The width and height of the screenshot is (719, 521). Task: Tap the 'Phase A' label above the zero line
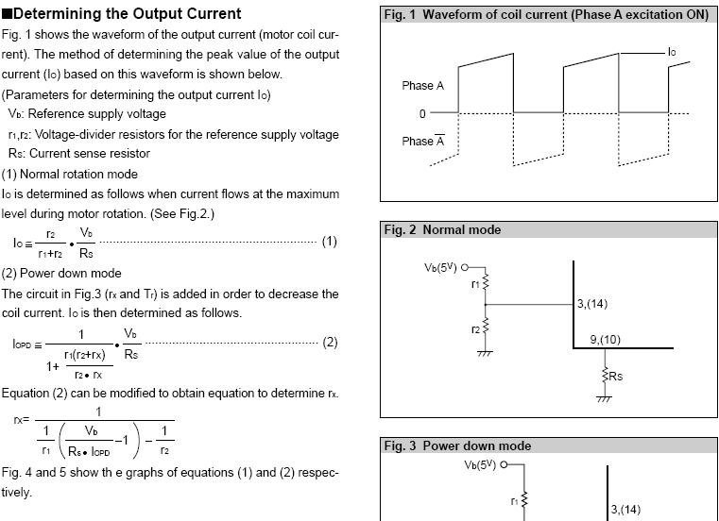pyautogui.click(x=422, y=86)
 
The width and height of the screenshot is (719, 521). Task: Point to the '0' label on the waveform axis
pyautogui.click(x=422, y=114)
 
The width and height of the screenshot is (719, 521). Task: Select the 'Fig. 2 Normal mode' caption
pyautogui.click(x=442, y=230)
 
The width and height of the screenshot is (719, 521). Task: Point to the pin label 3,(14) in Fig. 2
pyautogui.click(x=593, y=304)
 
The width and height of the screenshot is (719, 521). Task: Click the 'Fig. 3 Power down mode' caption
pyautogui.click(x=457, y=445)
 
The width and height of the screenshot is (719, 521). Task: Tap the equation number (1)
pyautogui.click(x=329, y=242)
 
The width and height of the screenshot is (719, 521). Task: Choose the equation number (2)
pyautogui.click(x=330, y=342)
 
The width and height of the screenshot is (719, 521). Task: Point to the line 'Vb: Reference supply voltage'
pyautogui.click(x=87, y=114)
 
